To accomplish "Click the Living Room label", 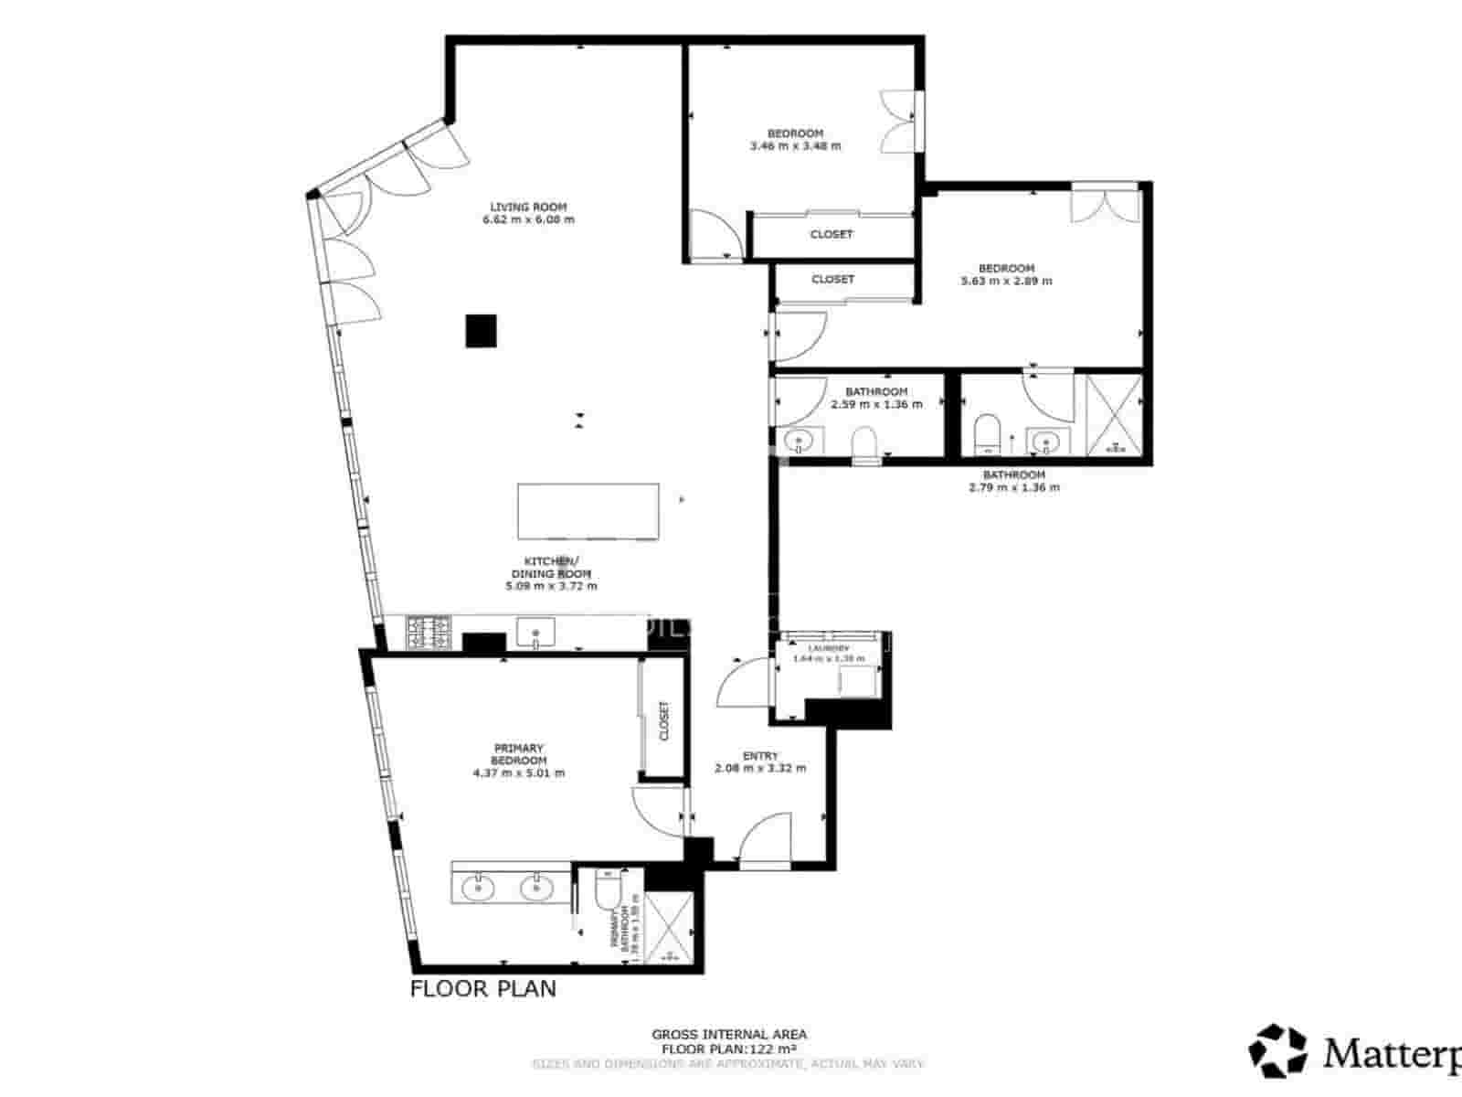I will pos(528,207).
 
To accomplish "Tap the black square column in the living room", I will pos(481,330).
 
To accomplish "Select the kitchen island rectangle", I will pos(588,511).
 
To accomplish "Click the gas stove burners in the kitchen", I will pos(429,633).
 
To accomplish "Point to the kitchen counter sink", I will pos(535,632).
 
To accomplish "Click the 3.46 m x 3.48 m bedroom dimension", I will pos(795,145).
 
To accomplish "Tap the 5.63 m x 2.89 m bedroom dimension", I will pos(1006,281).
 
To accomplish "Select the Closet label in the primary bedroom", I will pos(664,720).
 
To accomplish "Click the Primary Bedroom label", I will pos(518,754).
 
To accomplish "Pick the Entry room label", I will pos(760,756).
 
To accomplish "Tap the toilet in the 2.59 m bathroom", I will pos(864,442).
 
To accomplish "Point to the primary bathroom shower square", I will pos(670,926).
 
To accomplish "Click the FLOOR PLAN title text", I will pos(482,988).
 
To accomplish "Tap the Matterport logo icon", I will pos(1278,1051).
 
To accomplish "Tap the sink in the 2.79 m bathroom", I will pos(1043,442).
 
